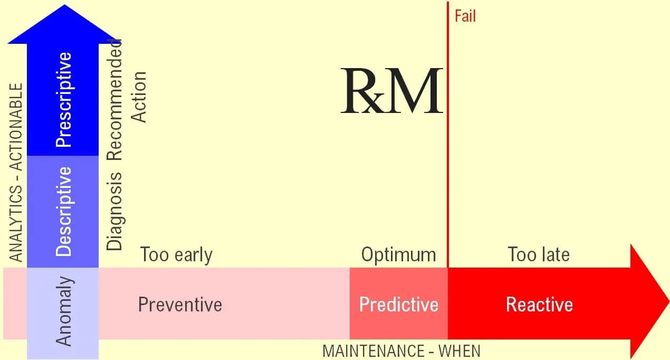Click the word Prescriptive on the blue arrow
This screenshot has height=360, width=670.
[x=63, y=99]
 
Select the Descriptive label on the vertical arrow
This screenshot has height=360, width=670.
[x=63, y=211]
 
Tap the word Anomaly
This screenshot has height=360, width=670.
[x=63, y=311]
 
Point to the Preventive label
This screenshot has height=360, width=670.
[x=180, y=305]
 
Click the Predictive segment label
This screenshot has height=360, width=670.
[x=399, y=305]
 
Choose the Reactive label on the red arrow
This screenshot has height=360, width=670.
[x=539, y=305]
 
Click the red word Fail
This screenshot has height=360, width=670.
[x=465, y=16]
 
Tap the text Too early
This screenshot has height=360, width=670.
[x=176, y=255]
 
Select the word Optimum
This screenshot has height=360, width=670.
[x=399, y=255]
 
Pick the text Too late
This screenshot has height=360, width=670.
[x=539, y=255]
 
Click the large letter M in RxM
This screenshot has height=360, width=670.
[x=414, y=91]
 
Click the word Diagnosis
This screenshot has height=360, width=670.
[x=114, y=211]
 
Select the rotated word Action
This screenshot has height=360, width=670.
[x=139, y=97]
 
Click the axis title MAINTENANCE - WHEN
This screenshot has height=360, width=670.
[x=401, y=351]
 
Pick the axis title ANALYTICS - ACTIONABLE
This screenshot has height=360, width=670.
[x=17, y=172]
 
